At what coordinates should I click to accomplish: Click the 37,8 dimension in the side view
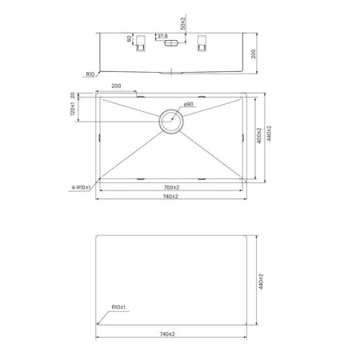162,37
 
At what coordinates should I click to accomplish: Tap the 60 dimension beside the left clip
129,38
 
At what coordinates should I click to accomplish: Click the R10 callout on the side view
90,74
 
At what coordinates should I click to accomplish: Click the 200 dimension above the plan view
117,86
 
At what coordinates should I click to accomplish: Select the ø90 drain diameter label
189,105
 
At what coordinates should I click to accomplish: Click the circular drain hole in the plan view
171,122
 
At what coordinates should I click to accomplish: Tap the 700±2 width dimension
170,187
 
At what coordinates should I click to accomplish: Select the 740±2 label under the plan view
170,197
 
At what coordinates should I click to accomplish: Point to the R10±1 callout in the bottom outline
120,306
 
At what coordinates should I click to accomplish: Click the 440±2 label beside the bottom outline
261,281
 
